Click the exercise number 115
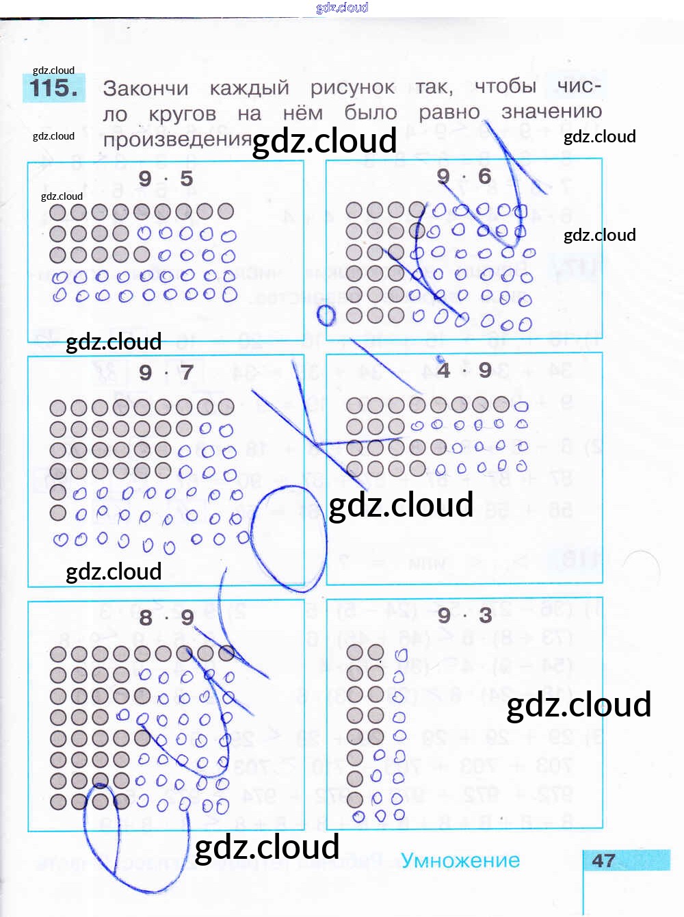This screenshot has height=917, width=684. (54, 88)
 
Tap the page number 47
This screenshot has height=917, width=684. (603, 860)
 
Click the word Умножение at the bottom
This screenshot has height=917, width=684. (460, 860)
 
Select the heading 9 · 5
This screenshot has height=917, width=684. (166, 179)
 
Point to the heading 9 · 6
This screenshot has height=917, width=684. (464, 177)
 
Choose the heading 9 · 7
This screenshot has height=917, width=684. (166, 373)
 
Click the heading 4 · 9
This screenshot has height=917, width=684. (464, 370)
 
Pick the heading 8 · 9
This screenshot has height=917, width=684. (166, 617)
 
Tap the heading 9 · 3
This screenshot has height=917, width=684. (464, 615)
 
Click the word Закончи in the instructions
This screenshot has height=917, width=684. (146, 88)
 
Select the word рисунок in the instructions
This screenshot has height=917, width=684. (352, 88)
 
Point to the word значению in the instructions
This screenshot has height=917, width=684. (551, 112)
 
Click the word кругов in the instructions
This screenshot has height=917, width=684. (182, 114)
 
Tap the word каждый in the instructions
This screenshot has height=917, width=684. (250, 88)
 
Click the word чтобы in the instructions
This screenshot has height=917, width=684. (505, 86)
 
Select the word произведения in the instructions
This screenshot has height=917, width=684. (178, 139)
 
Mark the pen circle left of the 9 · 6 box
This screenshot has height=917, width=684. (327, 315)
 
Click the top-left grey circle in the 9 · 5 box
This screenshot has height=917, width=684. (58, 212)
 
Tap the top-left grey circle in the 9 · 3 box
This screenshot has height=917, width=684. (354, 652)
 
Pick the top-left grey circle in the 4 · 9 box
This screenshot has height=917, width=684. (354, 406)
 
